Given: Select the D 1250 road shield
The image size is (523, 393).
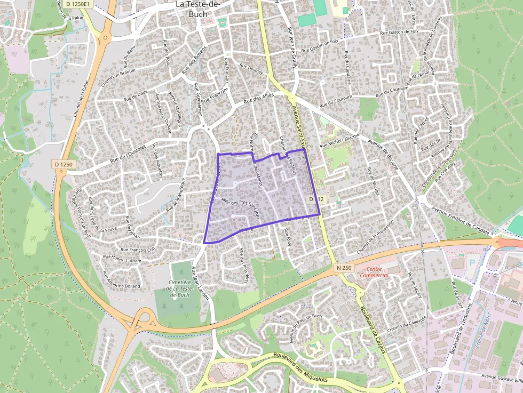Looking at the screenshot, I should [x=63, y=165].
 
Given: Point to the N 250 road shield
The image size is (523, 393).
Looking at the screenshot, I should [x=344, y=267].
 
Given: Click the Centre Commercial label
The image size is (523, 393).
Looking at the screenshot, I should [x=374, y=271].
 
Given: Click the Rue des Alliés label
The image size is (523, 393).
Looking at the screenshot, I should [x=258, y=99].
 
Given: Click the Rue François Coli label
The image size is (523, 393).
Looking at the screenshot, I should [x=137, y=250].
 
